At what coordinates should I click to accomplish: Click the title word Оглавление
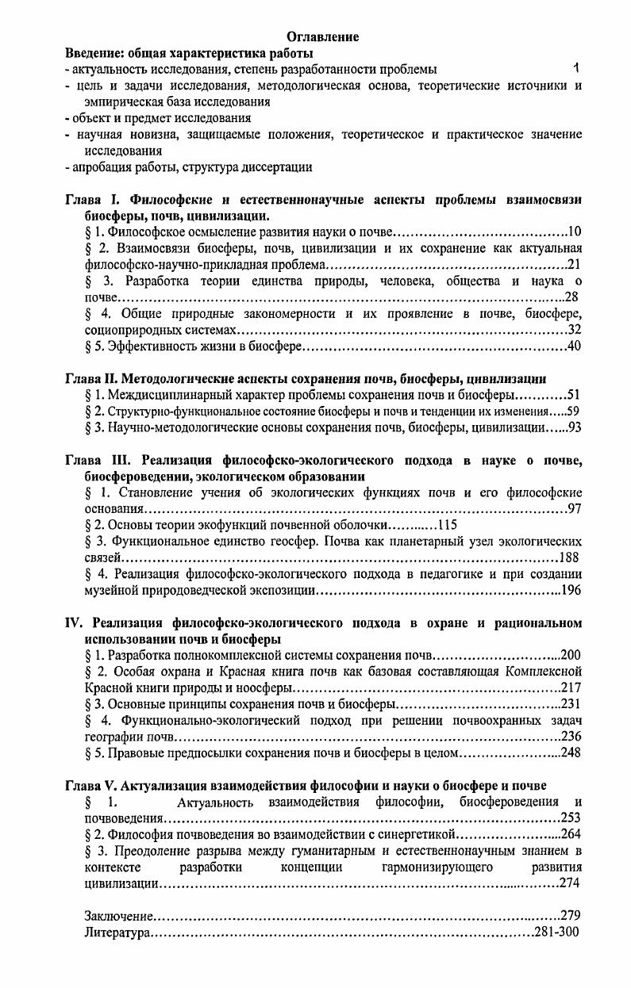[322, 37]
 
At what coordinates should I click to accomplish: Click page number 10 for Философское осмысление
[575, 232]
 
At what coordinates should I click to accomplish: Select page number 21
[575, 264]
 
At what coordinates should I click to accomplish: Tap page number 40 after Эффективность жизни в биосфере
[575, 346]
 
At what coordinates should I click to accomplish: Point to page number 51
[575, 395]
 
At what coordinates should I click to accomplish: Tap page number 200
[571, 655]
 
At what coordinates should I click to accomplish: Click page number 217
[571, 687]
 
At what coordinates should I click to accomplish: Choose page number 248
[571, 752]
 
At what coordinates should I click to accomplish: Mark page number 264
[571, 834]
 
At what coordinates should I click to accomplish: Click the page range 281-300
[556, 932]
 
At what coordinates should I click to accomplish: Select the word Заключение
[119, 916]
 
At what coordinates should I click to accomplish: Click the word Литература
[117, 932]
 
